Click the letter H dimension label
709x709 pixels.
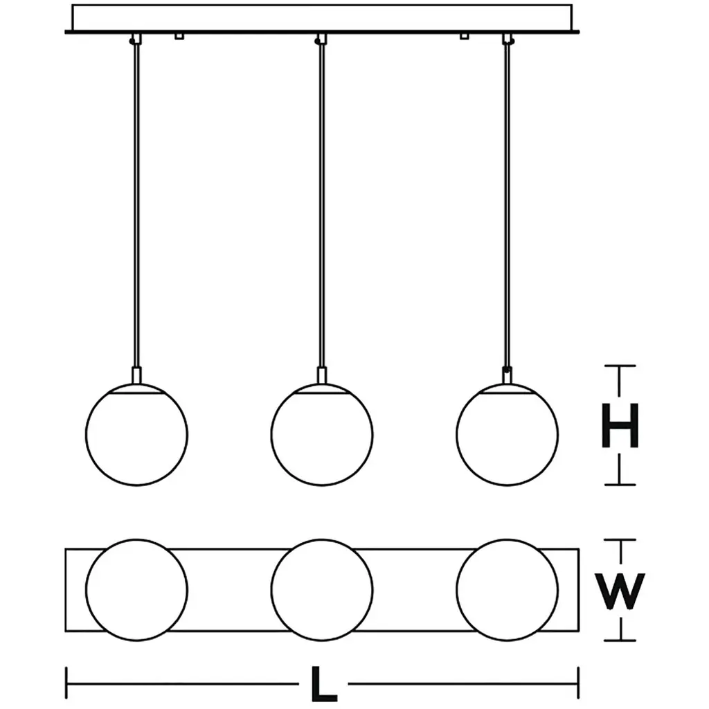(619, 425)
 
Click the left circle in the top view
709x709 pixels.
(136, 589)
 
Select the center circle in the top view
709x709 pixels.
(322, 589)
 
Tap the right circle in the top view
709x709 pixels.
(507, 589)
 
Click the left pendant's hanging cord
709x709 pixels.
(137, 208)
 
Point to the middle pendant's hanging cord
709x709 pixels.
(321, 208)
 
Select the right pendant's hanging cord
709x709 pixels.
(508, 208)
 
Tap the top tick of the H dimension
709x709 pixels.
(619, 366)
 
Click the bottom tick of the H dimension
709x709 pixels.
(619, 484)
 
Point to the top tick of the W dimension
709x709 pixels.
(619, 540)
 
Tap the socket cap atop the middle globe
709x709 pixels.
(322, 377)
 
